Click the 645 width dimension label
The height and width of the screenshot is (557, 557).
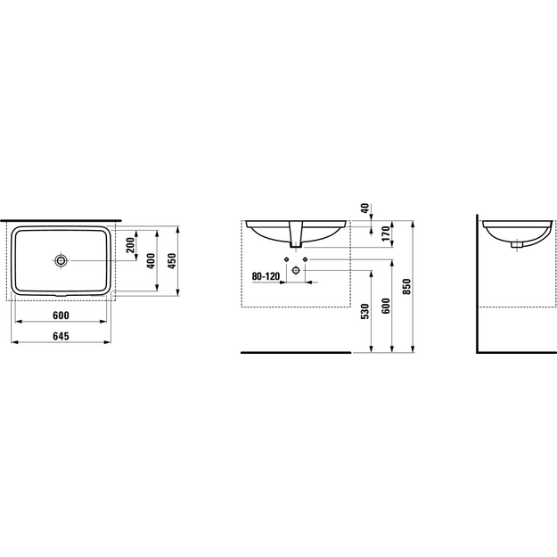click(61, 336)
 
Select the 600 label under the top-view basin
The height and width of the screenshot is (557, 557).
click(61, 315)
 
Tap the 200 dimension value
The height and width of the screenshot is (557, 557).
click(131, 245)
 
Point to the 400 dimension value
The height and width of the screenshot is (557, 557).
click(152, 261)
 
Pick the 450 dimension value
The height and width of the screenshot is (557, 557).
click(172, 261)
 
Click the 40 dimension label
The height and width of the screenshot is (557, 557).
click(365, 209)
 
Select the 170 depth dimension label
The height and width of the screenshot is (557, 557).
click(386, 233)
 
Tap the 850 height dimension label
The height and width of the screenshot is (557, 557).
click(406, 287)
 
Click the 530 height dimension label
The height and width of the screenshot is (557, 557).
click(365, 312)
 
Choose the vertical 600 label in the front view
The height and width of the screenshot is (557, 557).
click(386, 307)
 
